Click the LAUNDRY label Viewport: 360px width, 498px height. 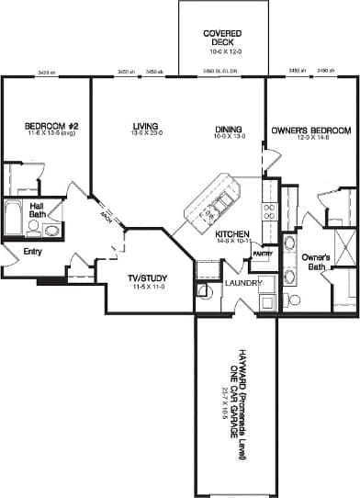243,284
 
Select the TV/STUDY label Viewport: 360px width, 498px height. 145,278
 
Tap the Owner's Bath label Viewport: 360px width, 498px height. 316,262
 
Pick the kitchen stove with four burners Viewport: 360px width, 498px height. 269,212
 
